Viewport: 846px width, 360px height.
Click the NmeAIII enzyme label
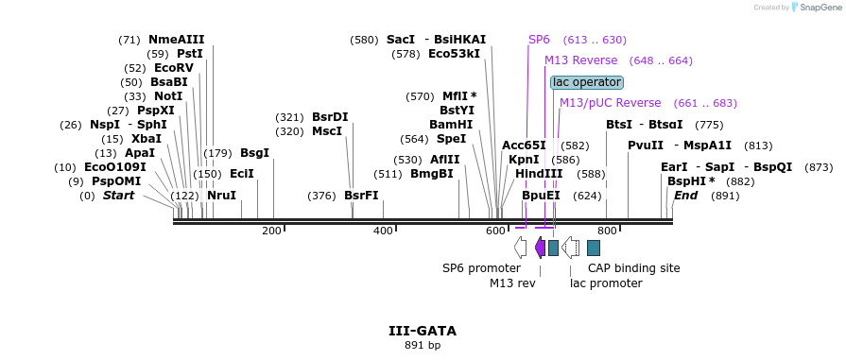pyautogui.click(x=176, y=40)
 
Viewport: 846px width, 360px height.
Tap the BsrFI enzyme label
pyautogui.click(x=361, y=196)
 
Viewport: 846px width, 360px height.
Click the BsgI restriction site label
pyautogui.click(x=254, y=153)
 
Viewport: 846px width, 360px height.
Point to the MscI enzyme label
pyautogui.click(x=327, y=131)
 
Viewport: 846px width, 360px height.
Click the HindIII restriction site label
pyautogui.click(x=539, y=174)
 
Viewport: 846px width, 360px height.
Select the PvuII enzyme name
pyautogui.click(x=646, y=146)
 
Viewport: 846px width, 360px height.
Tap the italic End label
pyautogui.click(x=685, y=196)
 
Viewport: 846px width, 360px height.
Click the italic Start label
pyautogui.click(x=118, y=196)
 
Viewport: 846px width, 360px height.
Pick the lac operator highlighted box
pyautogui.click(x=587, y=82)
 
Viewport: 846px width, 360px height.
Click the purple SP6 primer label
pyautogui.click(x=539, y=40)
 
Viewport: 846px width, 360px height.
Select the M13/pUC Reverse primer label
pyautogui.click(x=610, y=103)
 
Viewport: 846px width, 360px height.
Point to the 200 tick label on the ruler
pyautogui.click(x=271, y=231)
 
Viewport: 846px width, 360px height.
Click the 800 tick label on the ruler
pyautogui.click(x=607, y=231)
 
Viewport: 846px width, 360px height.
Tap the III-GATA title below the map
pyautogui.click(x=422, y=331)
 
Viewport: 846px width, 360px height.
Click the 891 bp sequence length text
pyautogui.click(x=422, y=345)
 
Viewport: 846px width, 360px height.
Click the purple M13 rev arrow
pyautogui.click(x=539, y=248)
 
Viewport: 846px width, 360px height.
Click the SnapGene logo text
pyautogui.click(x=818, y=7)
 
